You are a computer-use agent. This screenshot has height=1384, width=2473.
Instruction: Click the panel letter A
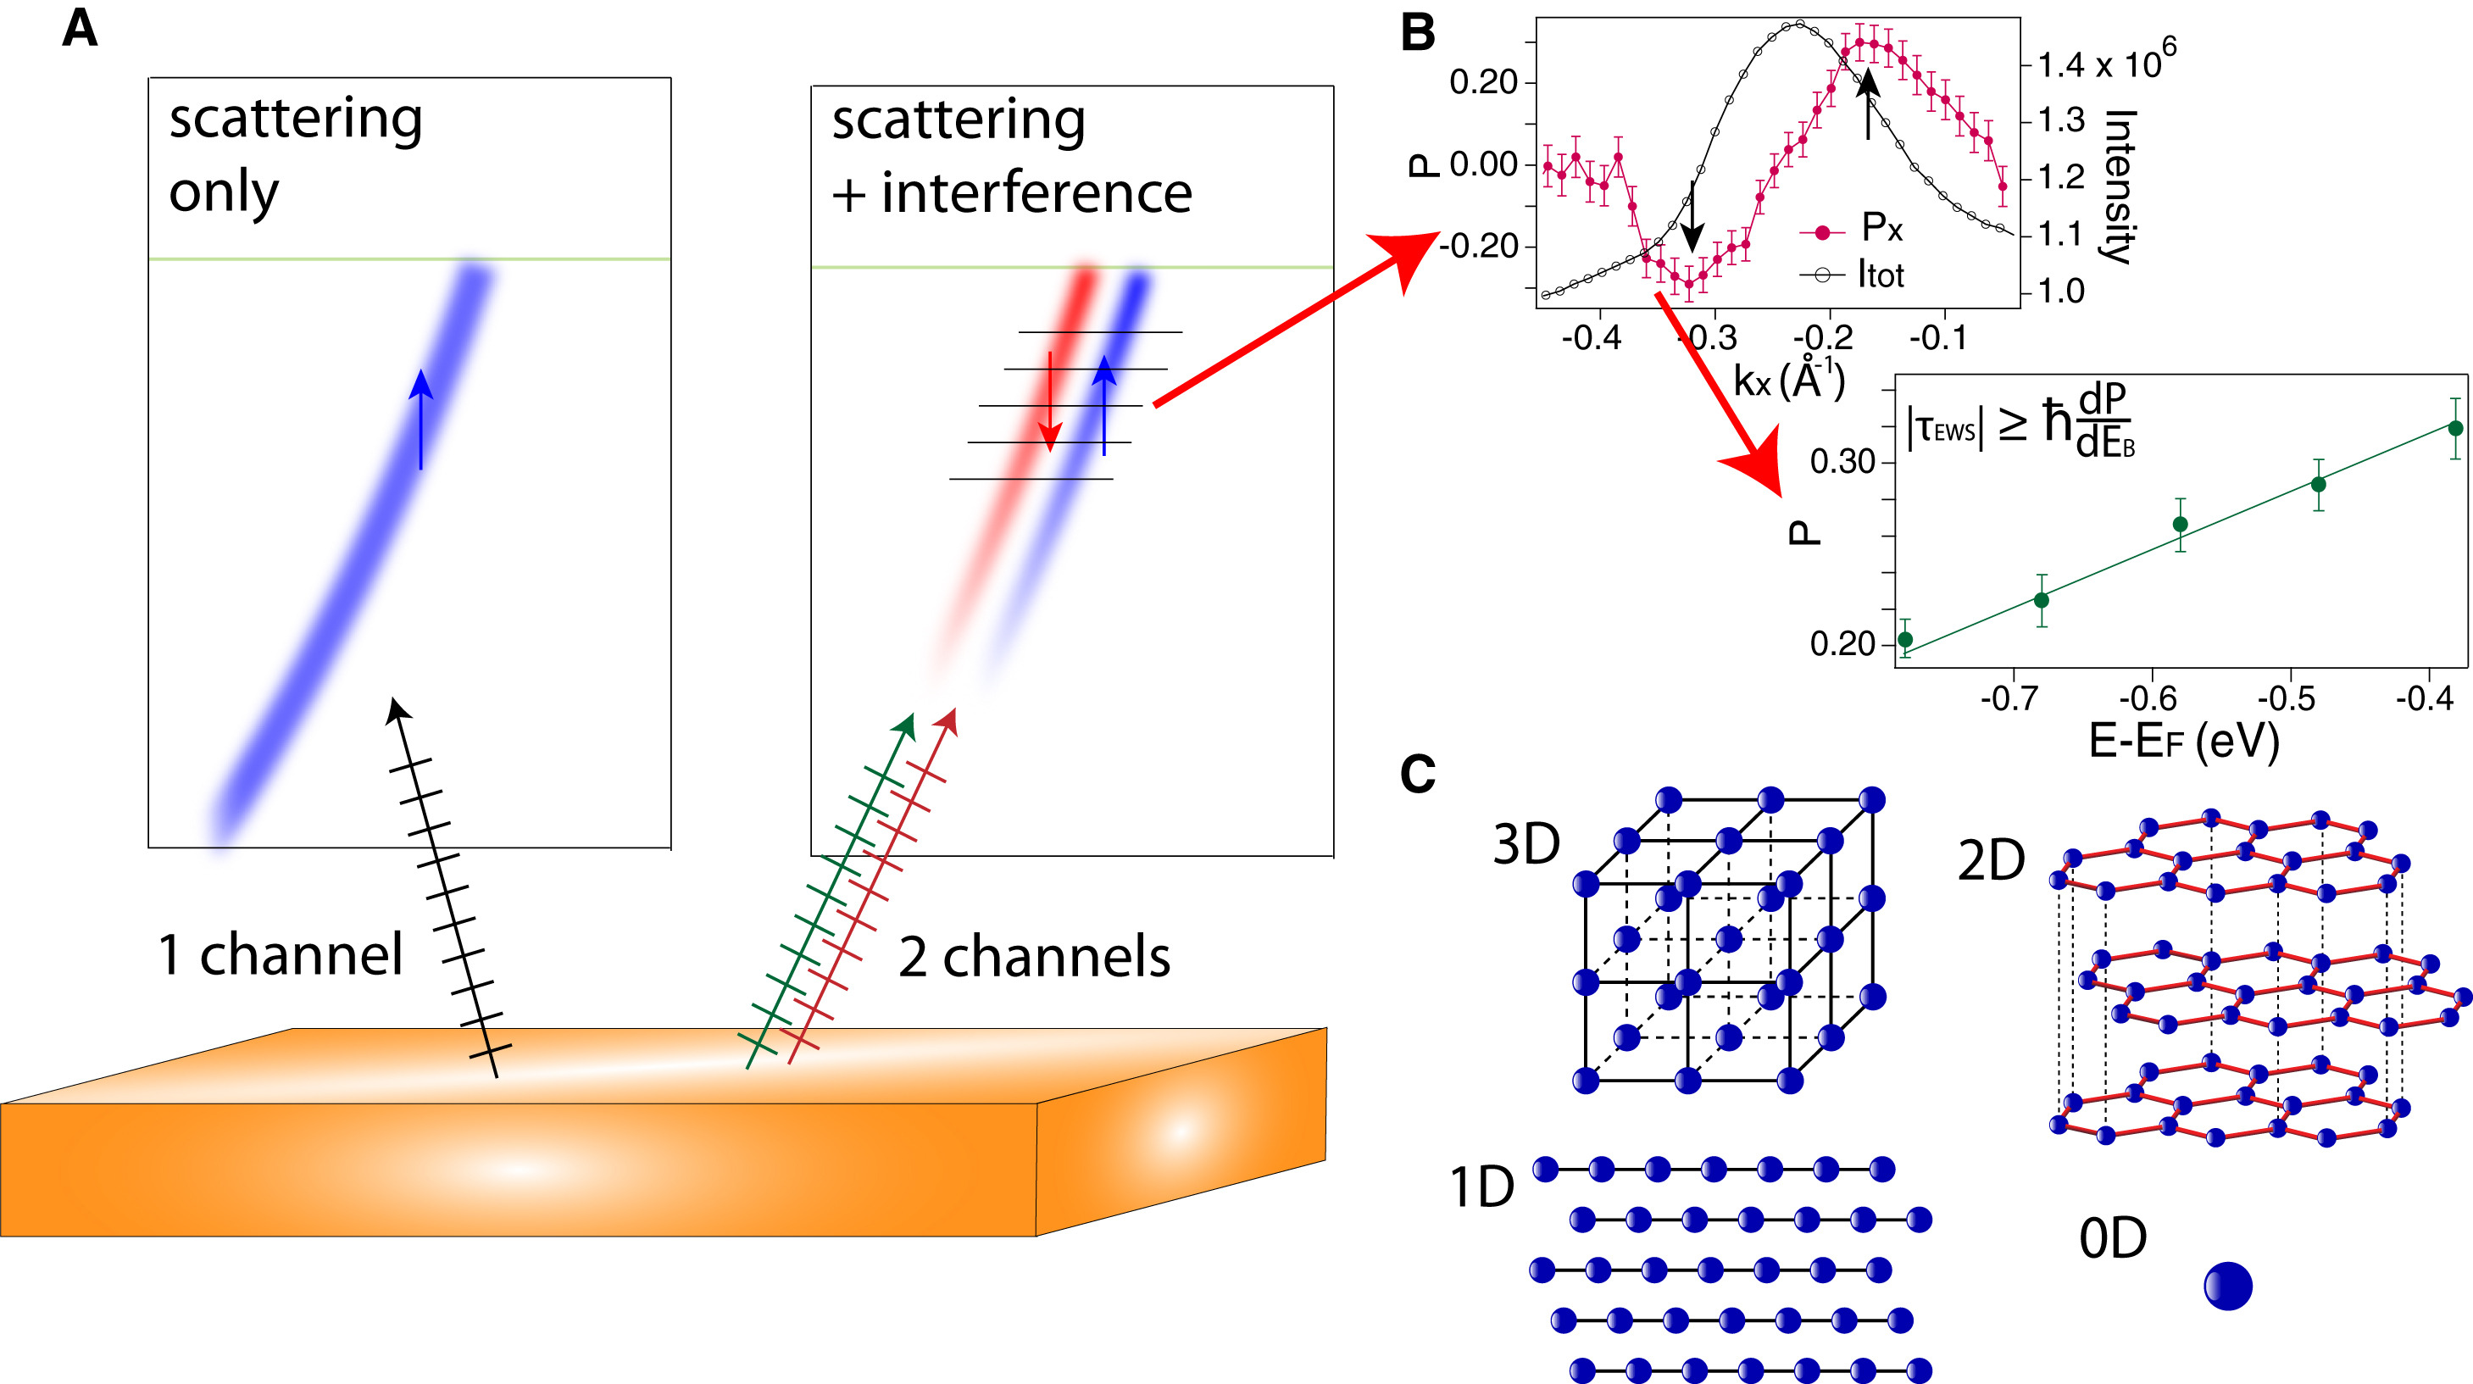80,29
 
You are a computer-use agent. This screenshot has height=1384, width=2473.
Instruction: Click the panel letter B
1418,33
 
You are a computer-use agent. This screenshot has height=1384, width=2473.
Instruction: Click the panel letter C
1418,774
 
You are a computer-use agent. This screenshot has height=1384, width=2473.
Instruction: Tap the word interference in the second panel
1036,193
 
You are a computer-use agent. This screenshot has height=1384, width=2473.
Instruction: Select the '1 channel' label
280,955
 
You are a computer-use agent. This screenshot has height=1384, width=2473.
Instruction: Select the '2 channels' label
1034,958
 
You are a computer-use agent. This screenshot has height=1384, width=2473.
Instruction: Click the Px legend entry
1880,229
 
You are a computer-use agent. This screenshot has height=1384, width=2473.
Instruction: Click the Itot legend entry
1879,275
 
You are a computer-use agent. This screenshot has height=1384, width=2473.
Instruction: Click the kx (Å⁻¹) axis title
1788,380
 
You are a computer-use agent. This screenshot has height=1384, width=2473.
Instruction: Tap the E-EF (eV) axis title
2183,740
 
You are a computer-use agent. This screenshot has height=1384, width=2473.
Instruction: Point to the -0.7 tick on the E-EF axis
2009,698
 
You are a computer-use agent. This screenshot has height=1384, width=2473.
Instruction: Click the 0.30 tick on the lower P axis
1842,463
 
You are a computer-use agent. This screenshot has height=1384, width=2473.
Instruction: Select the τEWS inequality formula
2020,423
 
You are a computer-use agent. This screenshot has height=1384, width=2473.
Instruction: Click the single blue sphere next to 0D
2227,1285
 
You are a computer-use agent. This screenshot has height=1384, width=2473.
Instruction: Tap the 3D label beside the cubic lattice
1525,845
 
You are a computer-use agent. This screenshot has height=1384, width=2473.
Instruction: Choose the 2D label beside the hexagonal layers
1991,861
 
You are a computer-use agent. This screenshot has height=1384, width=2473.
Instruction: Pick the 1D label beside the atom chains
1481,1187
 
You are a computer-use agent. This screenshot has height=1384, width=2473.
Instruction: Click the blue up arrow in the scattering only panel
420,419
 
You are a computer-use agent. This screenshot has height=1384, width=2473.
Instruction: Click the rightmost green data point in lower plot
2454,428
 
